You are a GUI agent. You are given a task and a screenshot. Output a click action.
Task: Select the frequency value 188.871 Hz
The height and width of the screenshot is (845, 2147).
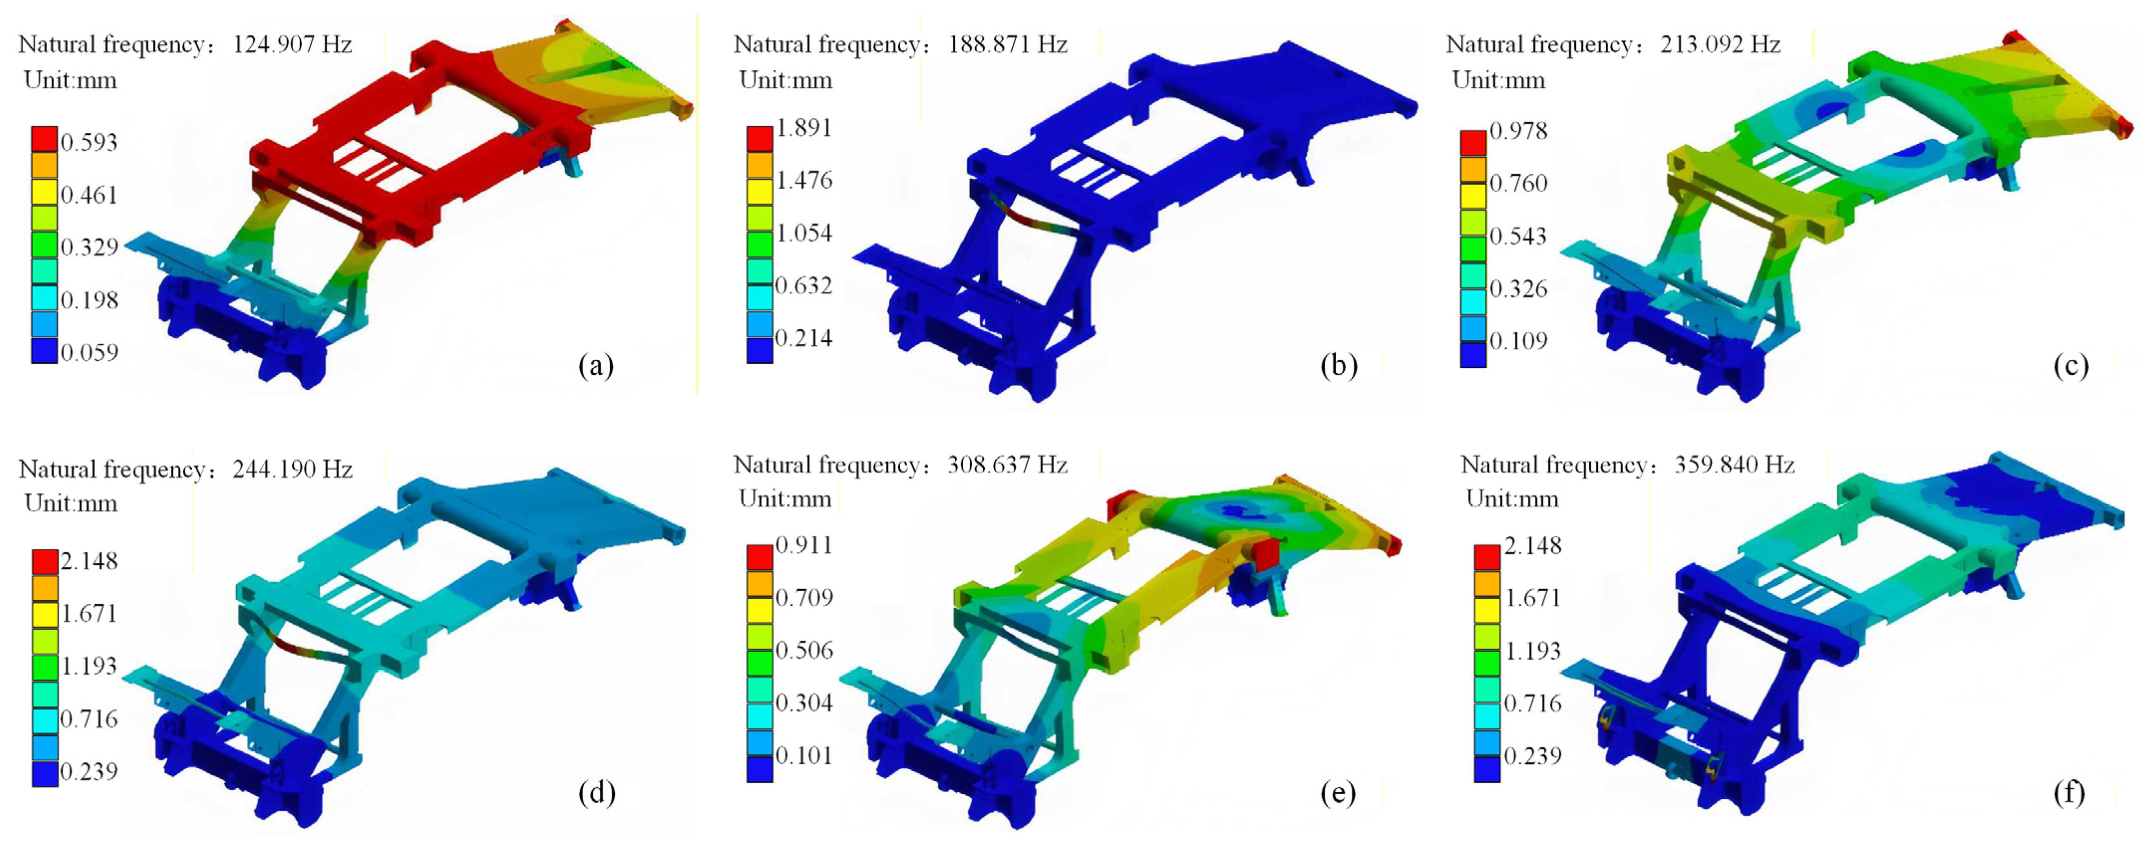pyautogui.click(x=1008, y=44)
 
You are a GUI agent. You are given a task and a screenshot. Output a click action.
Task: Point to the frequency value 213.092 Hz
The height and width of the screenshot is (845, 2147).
pyautogui.click(x=1720, y=44)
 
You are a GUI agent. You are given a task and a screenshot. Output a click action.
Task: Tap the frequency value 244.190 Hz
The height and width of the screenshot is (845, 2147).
pyautogui.click(x=293, y=469)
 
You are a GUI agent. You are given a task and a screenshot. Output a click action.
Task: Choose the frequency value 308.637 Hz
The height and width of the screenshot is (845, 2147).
pyautogui.click(x=1008, y=464)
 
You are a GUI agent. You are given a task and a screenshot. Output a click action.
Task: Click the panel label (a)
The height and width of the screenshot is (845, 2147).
pyautogui.click(x=596, y=365)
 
